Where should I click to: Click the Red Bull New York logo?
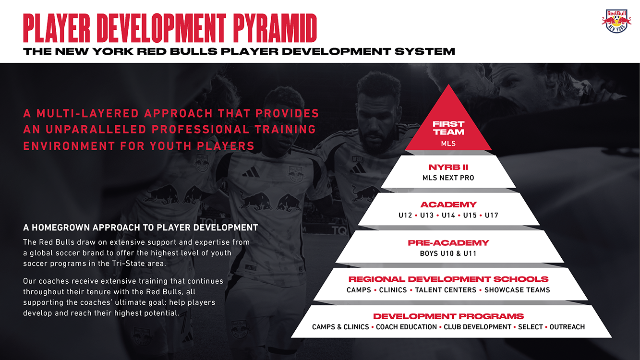click(616, 21)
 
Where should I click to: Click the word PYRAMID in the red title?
click(275, 28)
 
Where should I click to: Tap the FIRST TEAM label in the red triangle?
click(448, 128)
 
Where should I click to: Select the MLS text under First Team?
click(448, 144)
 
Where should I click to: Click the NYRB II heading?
click(448, 167)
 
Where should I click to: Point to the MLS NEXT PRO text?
click(448, 178)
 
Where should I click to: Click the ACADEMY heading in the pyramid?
click(448, 204)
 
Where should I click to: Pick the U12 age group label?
click(405, 215)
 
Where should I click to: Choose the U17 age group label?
click(492, 215)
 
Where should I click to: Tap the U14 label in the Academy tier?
click(448, 215)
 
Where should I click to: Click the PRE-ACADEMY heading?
click(448, 243)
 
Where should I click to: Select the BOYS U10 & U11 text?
click(448, 253)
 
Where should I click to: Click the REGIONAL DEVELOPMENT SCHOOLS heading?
click(448, 279)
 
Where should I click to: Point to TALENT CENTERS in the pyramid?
click(446, 290)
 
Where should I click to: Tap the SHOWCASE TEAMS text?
click(517, 290)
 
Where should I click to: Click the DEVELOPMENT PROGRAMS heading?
click(448, 316)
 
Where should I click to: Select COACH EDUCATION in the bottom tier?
click(406, 327)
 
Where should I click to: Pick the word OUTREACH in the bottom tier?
click(567, 327)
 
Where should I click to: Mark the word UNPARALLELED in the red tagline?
click(96, 130)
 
